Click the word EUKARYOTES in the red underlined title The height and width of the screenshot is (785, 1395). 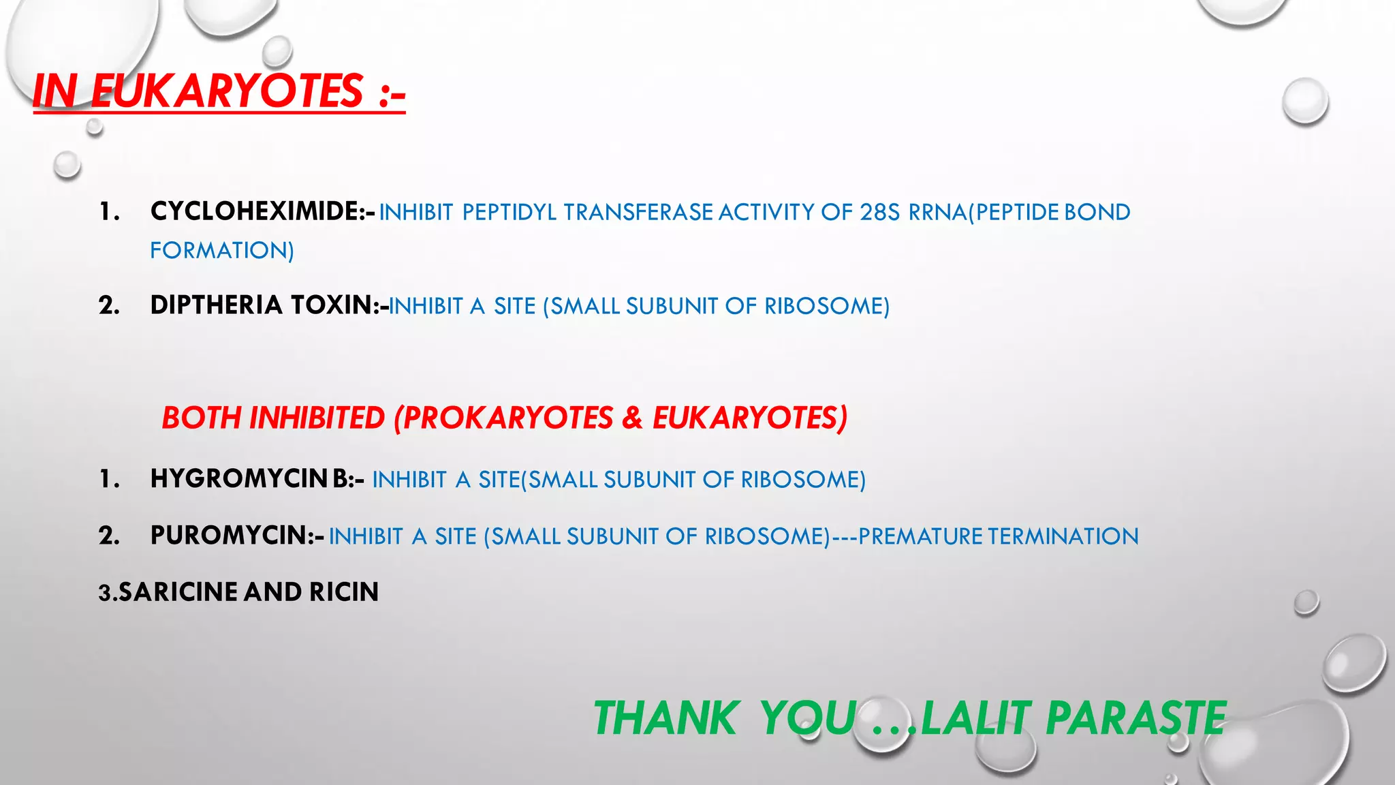pos(227,91)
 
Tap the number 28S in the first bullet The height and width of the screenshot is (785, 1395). pos(880,213)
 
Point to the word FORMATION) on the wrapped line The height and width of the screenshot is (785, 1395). pos(222,251)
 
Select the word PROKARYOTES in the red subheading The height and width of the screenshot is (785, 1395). pos(507,418)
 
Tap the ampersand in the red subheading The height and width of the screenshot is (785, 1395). pos(632,418)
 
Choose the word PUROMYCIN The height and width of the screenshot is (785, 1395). pos(228,536)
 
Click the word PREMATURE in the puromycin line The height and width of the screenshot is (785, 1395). pos(920,536)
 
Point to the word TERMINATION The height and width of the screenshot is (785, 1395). pos(1063,536)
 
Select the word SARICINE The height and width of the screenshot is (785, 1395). pos(178,592)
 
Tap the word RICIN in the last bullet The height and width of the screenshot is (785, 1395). pos(344,592)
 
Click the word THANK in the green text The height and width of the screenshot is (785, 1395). pos(665,718)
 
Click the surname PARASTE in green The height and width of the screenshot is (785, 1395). pos(1135,718)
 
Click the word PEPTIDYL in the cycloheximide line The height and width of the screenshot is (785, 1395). pos(510,213)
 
